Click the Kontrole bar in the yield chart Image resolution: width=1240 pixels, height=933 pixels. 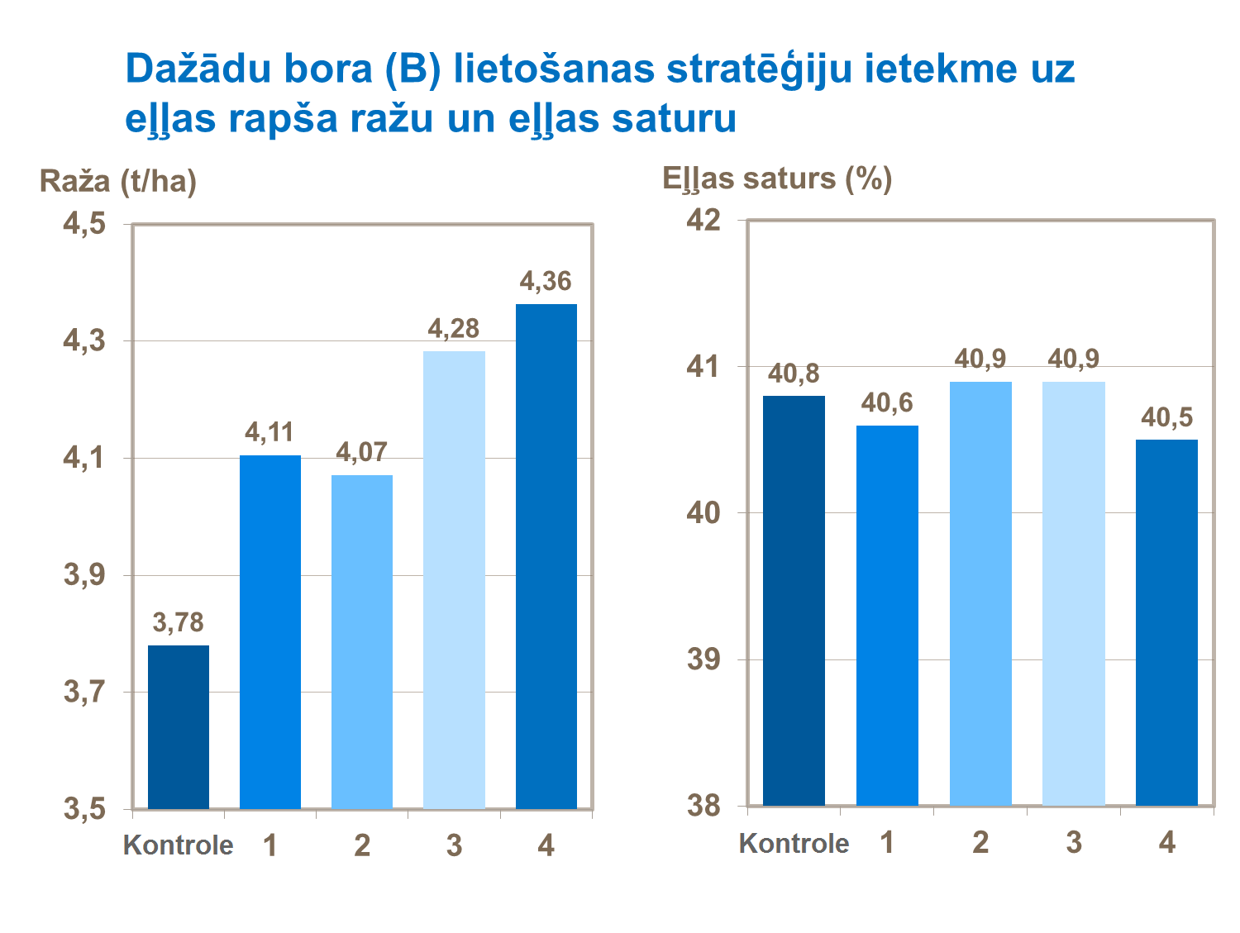[x=179, y=726]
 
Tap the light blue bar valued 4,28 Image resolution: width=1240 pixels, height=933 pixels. [x=454, y=579]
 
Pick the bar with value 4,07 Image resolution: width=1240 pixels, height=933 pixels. [x=362, y=641]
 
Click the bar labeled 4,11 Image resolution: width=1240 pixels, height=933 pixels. [x=270, y=631]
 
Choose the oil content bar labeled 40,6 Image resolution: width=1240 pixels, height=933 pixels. [x=887, y=616]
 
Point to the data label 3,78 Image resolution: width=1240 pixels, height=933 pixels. [x=178, y=622]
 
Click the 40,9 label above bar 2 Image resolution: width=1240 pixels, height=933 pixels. [x=980, y=359]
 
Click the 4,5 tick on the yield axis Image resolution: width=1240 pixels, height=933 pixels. [x=85, y=224]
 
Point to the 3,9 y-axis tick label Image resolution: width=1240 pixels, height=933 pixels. [x=85, y=575]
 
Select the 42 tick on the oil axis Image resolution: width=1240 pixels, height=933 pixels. [x=704, y=220]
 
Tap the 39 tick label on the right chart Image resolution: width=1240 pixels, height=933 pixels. [x=704, y=659]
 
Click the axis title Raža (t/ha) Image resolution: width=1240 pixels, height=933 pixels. [x=118, y=180]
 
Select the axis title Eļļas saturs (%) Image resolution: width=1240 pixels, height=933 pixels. [x=777, y=179]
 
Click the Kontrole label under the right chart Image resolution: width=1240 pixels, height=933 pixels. [x=794, y=843]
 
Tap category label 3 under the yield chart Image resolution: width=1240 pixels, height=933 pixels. [x=454, y=845]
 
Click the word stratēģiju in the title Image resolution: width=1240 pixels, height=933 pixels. [x=760, y=69]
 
